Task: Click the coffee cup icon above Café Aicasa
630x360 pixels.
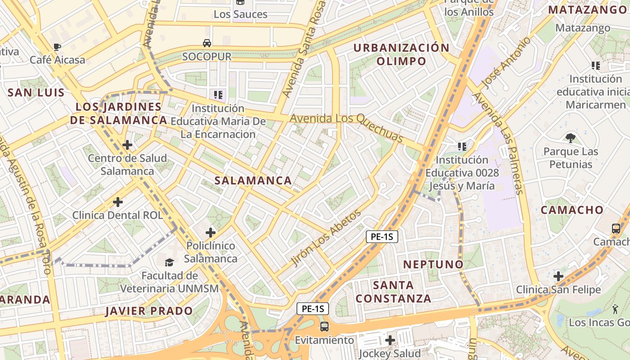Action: (x=57, y=47)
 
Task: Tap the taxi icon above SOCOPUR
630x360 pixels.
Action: (x=207, y=43)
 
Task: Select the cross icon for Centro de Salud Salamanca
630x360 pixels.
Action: (x=127, y=145)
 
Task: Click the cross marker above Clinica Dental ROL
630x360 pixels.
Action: (x=118, y=202)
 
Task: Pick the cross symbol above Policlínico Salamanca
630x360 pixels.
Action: (x=210, y=233)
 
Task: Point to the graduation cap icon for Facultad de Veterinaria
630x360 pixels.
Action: (x=169, y=262)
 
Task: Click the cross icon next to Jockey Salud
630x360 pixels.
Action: (x=390, y=340)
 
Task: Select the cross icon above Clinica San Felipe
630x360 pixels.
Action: (x=558, y=276)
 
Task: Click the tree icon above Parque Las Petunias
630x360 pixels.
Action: (x=571, y=138)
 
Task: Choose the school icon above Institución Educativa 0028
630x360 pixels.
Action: (x=462, y=146)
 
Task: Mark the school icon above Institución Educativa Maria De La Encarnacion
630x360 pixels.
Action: (x=218, y=94)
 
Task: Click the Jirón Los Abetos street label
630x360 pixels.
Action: (x=326, y=238)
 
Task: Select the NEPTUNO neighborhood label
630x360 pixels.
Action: (x=433, y=264)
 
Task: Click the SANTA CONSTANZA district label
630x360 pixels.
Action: (x=393, y=292)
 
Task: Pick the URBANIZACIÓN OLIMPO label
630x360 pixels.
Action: (x=401, y=54)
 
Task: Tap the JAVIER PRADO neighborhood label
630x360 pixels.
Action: (x=149, y=311)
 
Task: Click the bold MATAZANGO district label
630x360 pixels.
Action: (x=587, y=10)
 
